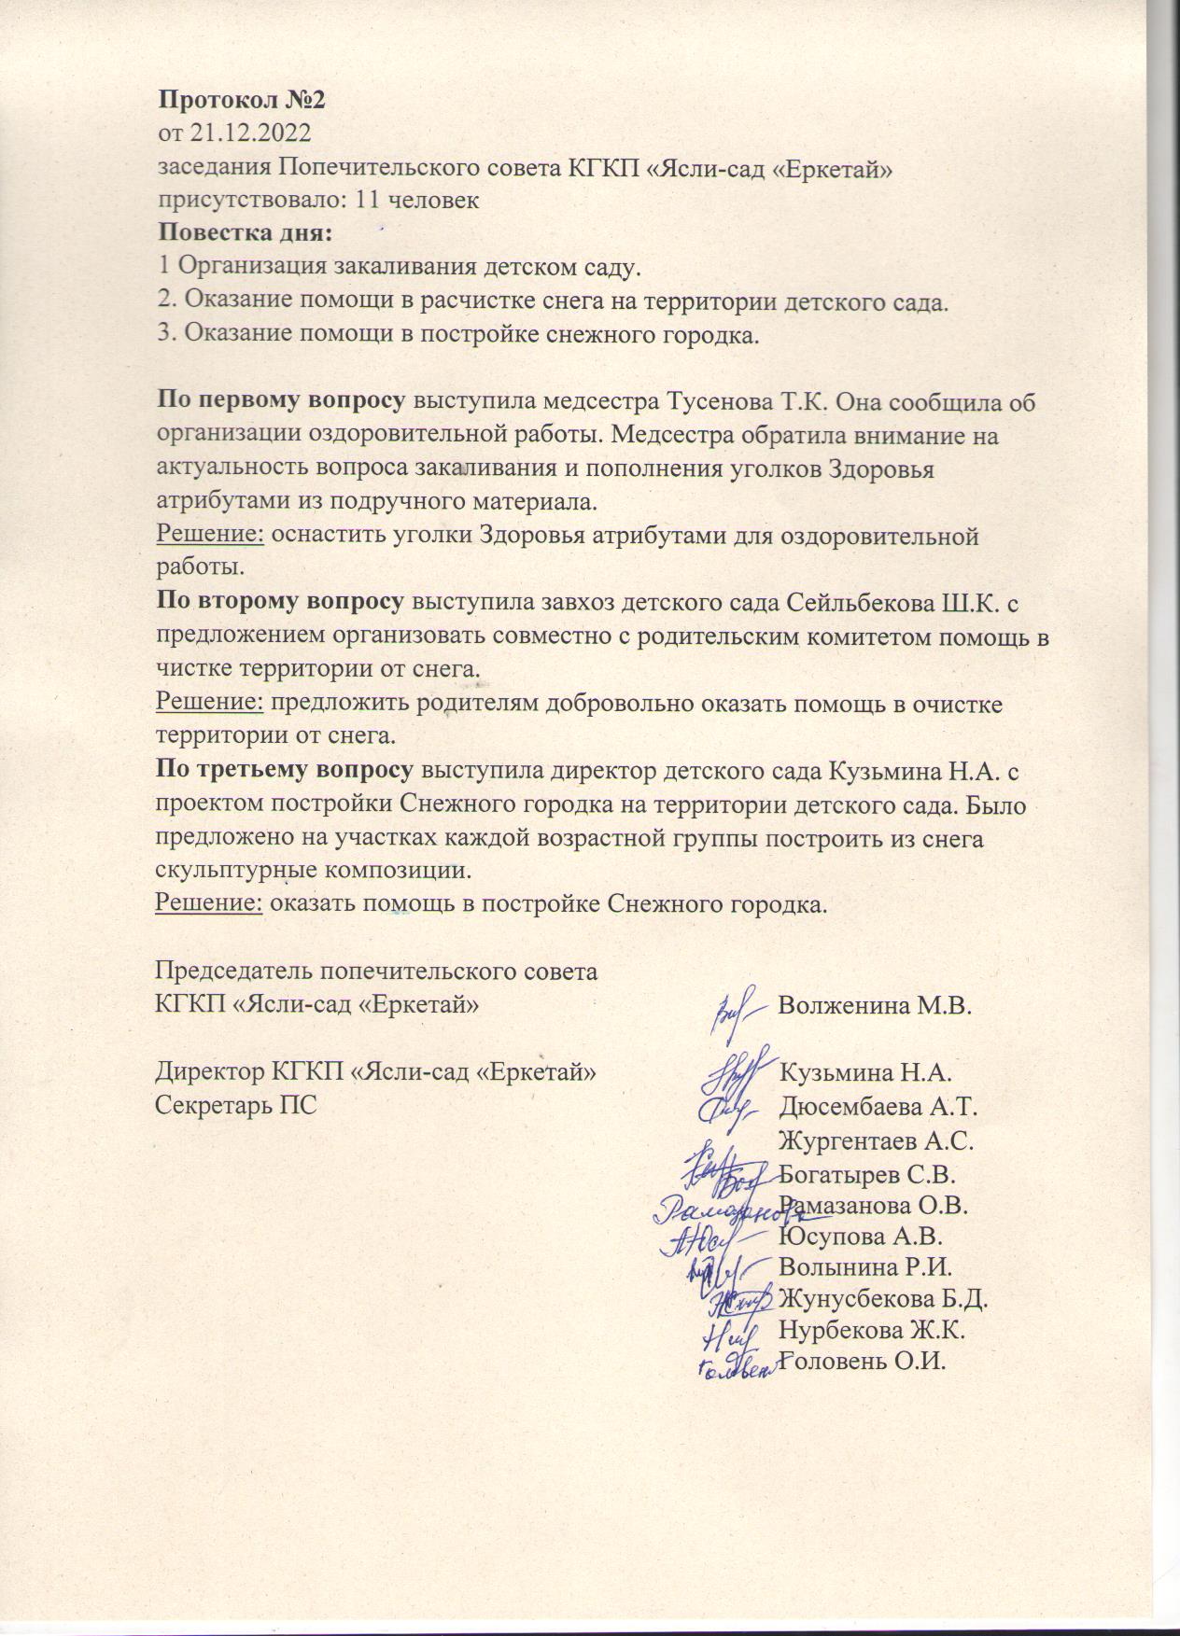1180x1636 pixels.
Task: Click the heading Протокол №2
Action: click(241, 100)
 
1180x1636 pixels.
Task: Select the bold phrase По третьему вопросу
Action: click(285, 771)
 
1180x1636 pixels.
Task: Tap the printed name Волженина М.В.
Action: click(875, 1006)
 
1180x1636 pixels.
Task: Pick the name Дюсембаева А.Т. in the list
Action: click(878, 1107)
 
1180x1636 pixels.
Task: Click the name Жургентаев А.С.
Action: click(876, 1140)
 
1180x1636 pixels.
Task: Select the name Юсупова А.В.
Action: click(860, 1237)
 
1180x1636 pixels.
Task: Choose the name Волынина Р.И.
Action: click(864, 1268)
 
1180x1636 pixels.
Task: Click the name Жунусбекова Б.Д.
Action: click(883, 1299)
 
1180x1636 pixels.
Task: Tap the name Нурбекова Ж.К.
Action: click(871, 1330)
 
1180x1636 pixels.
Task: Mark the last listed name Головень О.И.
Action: click(863, 1362)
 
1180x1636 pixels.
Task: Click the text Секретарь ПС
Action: click(236, 1105)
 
